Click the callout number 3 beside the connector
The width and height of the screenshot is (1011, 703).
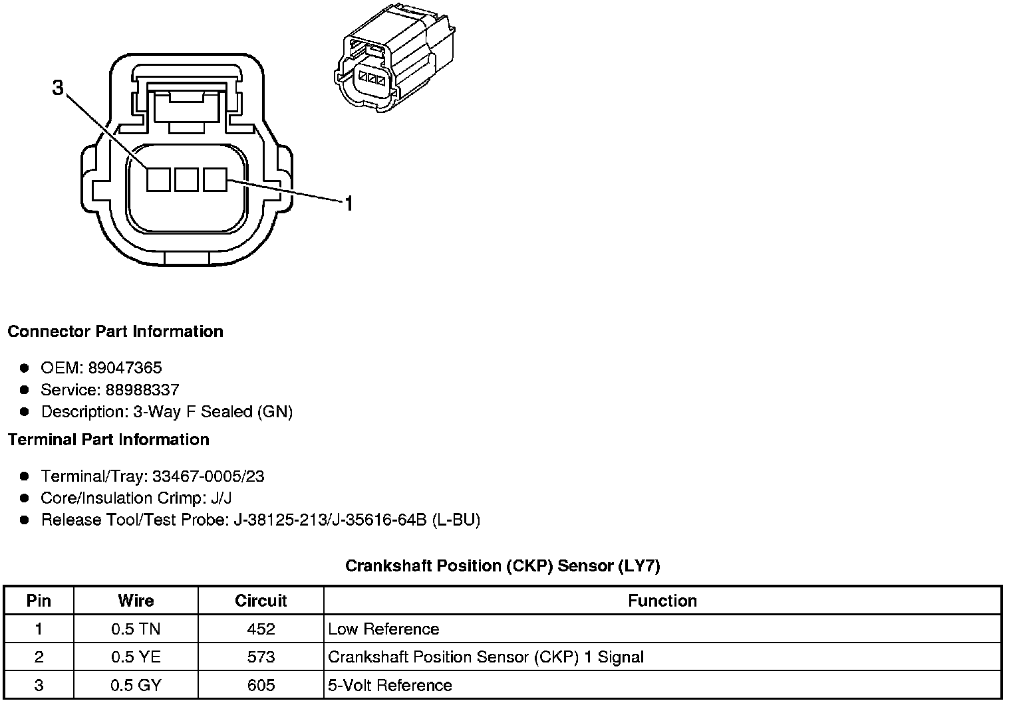click(59, 88)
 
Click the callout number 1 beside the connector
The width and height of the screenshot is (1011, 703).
click(348, 203)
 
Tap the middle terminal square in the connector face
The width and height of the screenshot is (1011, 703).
click(187, 179)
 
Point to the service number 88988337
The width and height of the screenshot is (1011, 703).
click(142, 390)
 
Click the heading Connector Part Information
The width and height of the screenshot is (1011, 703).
click(115, 332)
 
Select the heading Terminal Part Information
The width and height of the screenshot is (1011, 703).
click(108, 440)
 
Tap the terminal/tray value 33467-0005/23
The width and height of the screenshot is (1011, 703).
click(208, 476)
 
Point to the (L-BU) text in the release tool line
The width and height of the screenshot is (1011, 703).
click(456, 520)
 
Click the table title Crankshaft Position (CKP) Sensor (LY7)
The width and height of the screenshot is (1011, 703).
click(502, 566)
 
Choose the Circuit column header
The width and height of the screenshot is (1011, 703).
click(261, 601)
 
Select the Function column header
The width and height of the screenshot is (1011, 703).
click(662, 601)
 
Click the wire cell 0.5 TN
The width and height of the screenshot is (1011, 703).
click(136, 629)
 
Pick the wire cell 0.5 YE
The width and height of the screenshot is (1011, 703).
click(136, 658)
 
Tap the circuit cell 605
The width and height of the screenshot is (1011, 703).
click(261, 686)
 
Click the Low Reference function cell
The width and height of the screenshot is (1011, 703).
click(384, 629)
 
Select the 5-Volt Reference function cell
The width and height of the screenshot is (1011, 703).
click(390, 686)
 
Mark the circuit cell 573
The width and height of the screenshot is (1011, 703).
click(261, 658)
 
